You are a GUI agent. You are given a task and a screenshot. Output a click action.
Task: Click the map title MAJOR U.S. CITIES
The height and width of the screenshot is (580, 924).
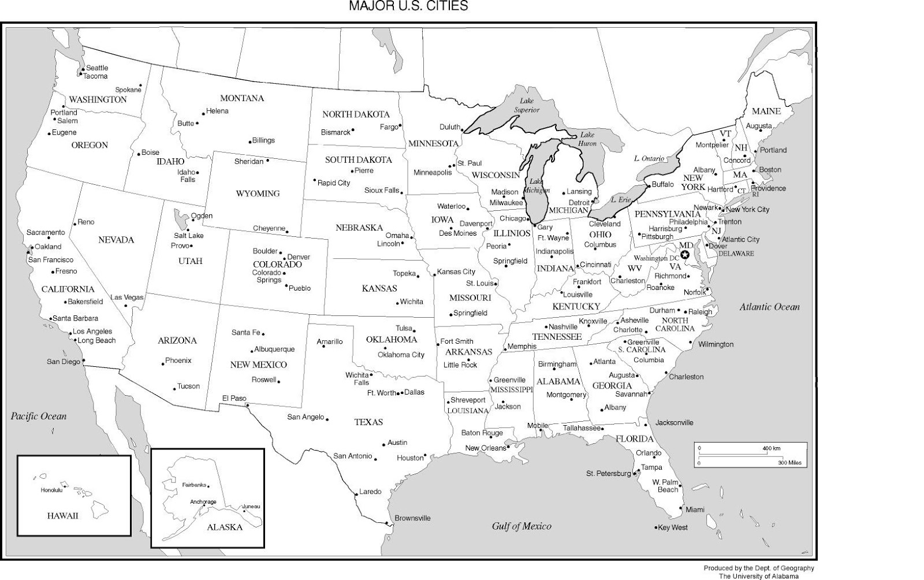tap(408, 6)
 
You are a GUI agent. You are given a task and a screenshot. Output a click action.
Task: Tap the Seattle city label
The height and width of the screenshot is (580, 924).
tap(97, 68)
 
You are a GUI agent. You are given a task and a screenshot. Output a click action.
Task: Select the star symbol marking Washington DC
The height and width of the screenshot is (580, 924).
tap(685, 255)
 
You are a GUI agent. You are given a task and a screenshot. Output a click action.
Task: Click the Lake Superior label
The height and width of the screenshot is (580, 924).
tap(527, 106)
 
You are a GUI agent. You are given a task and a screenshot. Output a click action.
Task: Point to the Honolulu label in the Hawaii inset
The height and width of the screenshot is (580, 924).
tap(51, 490)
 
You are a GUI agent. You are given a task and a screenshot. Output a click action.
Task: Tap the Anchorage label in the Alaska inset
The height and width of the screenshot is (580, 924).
tap(203, 501)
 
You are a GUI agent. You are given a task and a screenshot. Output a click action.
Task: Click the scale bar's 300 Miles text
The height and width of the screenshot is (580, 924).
tap(789, 463)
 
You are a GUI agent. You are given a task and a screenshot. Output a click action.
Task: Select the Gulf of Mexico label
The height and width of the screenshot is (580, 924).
tap(521, 526)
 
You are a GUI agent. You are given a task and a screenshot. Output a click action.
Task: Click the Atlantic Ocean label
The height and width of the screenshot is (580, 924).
tap(769, 307)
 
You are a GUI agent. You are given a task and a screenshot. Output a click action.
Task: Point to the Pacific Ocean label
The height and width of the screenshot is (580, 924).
tap(39, 416)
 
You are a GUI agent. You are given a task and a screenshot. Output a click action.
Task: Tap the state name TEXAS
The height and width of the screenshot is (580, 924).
tap(368, 422)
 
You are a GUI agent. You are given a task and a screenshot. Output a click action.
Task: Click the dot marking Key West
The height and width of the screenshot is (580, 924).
tap(657, 527)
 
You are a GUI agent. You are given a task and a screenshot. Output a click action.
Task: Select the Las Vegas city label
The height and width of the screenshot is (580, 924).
tap(127, 298)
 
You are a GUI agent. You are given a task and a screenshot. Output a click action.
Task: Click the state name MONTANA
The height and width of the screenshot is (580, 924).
tap(242, 98)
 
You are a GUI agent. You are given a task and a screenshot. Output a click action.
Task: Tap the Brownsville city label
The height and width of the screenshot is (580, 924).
tap(412, 518)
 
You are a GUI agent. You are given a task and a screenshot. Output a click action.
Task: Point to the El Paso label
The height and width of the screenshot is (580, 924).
tap(234, 398)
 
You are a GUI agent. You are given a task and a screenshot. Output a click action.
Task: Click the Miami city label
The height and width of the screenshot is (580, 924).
tap(695, 510)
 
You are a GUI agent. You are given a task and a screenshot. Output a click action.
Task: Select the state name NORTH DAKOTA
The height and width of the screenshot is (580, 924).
tap(356, 114)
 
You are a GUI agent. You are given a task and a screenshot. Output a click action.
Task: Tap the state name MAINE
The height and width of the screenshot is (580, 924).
tap(766, 111)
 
